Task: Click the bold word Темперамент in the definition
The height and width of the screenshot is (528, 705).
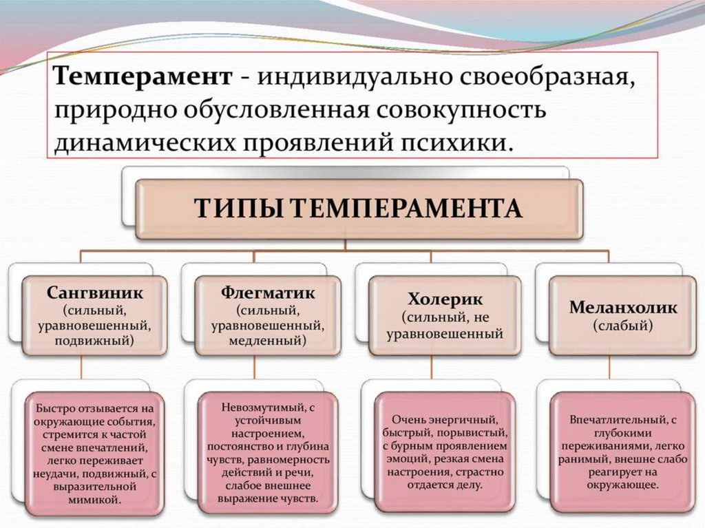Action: pyautogui.click(x=144, y=76)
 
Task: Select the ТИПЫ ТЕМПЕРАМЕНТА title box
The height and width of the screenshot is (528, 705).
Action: pyautogui.click(x=359, y=209)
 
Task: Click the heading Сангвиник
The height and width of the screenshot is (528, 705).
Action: pyautogui.click(x=95, y=292)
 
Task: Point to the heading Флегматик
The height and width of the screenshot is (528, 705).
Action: pyautogui.click(x=268, y=292)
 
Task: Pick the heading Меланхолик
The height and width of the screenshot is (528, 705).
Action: pyautogui.click(x=623, y=308)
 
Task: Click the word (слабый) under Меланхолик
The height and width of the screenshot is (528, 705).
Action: pyautogui.click(x=623, y=325)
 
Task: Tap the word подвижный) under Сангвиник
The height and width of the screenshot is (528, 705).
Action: pyautogui.click(x=95, y=340)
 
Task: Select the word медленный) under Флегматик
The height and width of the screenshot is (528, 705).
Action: pyautogui.click(x=268, y=340)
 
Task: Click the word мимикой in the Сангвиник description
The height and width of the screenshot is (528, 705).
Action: pyautogui.click(x=95, y=498)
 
